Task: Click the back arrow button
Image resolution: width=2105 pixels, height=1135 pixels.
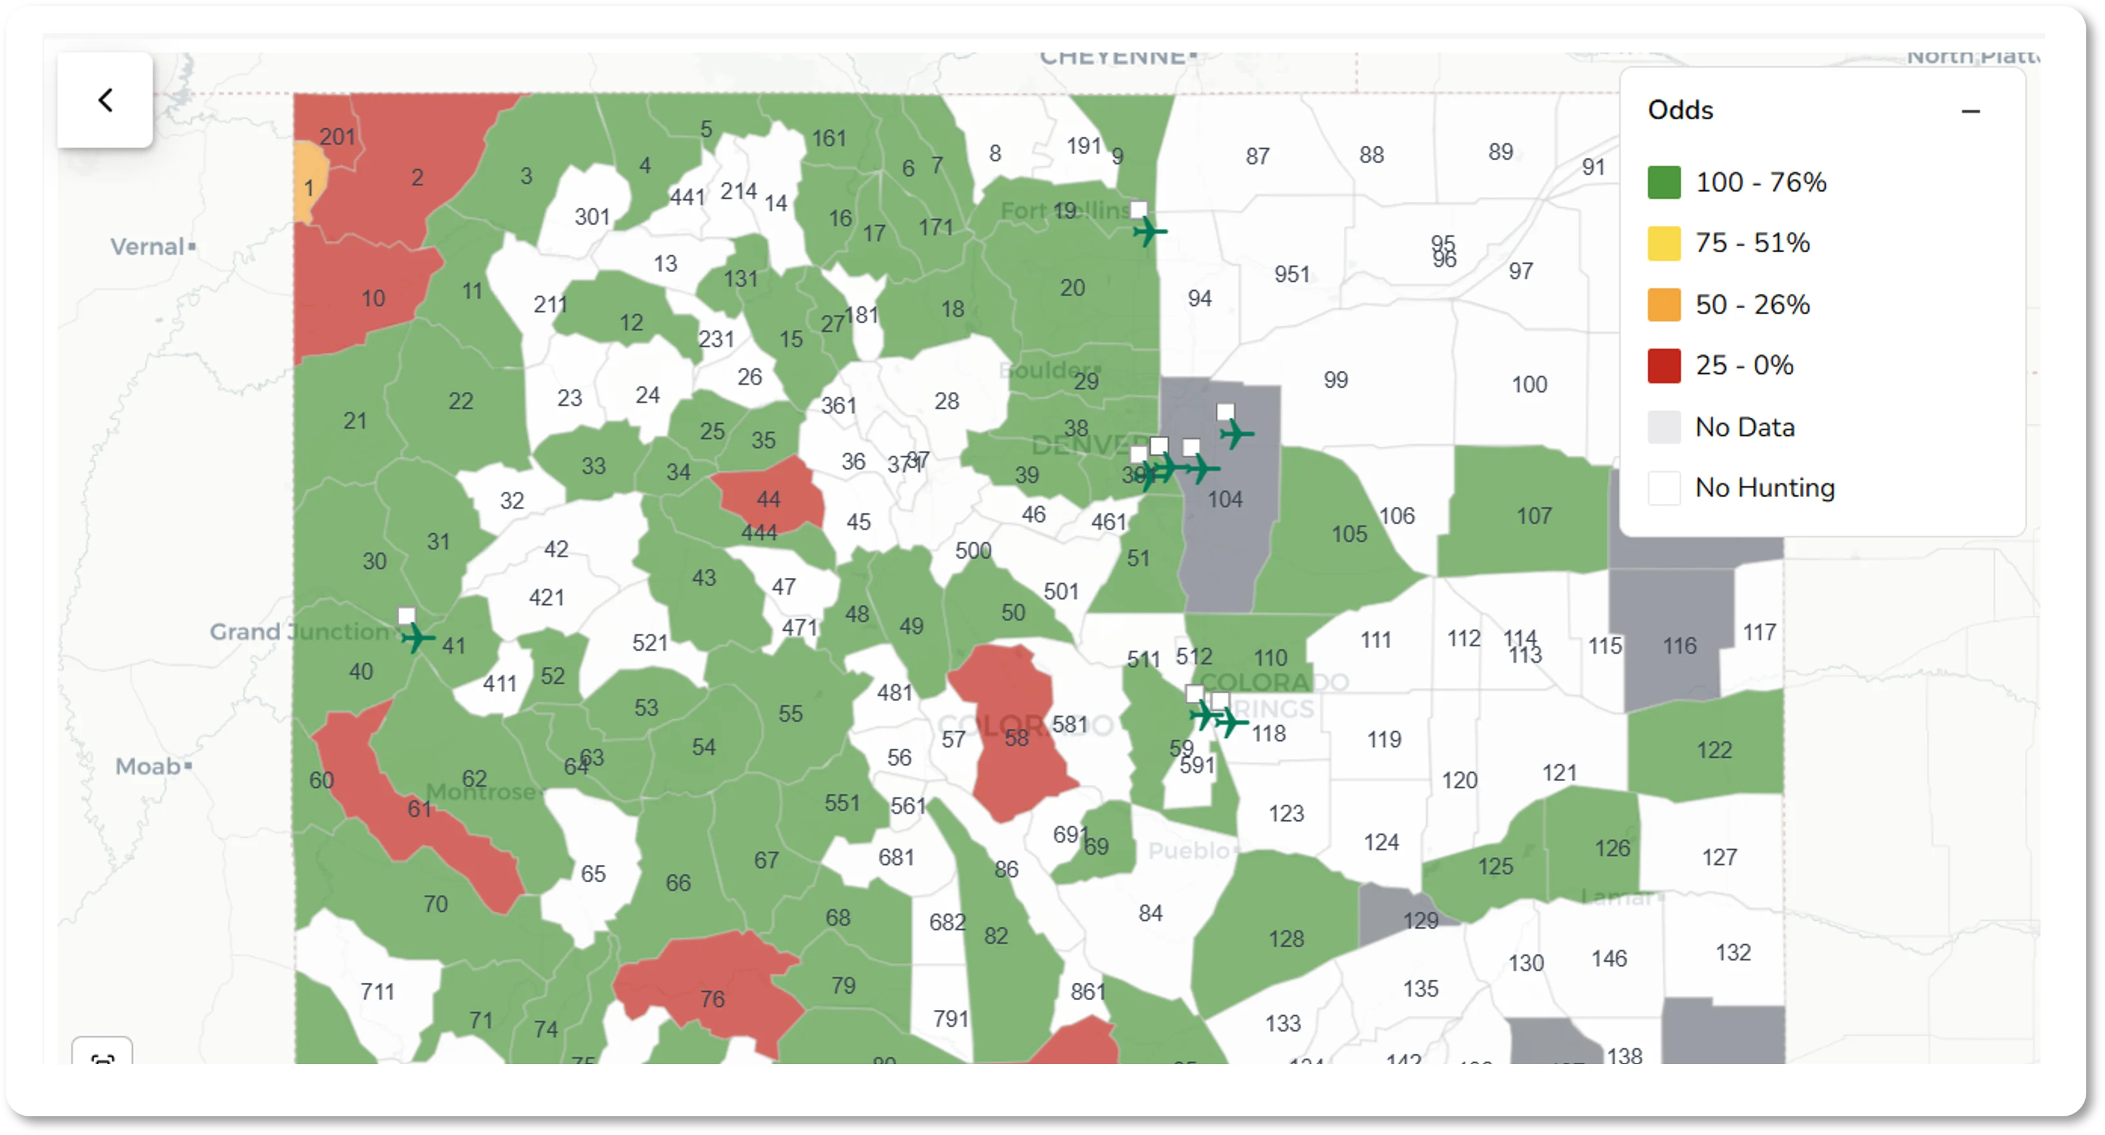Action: [x=104, y=101]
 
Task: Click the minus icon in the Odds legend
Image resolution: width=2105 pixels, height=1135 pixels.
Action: [x=1970, y=111]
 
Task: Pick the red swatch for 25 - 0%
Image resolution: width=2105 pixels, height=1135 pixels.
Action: [x=1664, y=365]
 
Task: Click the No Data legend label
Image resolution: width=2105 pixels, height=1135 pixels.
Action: [x=1744, y=426]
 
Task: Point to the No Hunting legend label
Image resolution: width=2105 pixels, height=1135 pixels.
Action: [x=1764, y=488]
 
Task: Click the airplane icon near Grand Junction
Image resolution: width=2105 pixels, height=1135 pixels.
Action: [x=417, y=637]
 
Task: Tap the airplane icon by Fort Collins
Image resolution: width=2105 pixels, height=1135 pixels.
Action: [x=1149, y=232]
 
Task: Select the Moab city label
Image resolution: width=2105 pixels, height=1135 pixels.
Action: [x=148, y=767]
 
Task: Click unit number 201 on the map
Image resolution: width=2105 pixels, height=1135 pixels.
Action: [x=337, y=137]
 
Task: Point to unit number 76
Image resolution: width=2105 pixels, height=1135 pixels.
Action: [x=712, y=998]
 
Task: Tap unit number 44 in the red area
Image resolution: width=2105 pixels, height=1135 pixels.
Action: [x=768, y=498]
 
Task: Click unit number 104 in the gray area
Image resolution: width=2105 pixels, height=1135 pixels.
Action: [x=1225, y=498]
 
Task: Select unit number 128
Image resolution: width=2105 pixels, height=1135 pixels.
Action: [x=1286, y=939]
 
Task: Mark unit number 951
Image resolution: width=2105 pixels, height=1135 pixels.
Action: [x=1292, y=273]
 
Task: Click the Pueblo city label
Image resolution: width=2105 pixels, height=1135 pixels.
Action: [x=1188, y=851]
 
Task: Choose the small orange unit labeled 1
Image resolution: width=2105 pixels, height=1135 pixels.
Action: [x=309, y=187]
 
